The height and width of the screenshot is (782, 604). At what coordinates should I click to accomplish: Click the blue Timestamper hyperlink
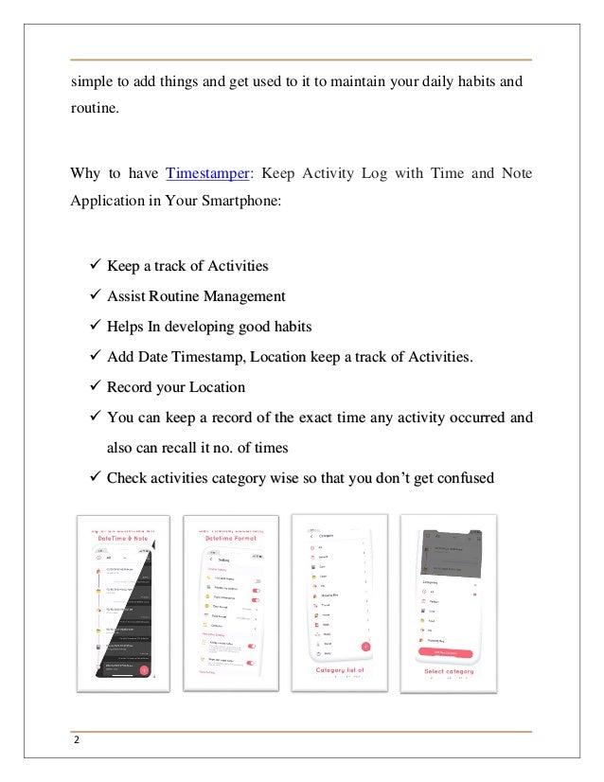tap(208, 173)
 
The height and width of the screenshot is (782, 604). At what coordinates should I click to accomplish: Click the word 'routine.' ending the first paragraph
tap(96, 109)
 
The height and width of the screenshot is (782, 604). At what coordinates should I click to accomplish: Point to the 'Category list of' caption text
tap(339, 670)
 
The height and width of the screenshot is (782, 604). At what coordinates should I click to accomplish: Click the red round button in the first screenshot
tap(144, 670)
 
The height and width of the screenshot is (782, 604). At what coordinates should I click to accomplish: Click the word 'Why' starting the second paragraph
tap(85, 173)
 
